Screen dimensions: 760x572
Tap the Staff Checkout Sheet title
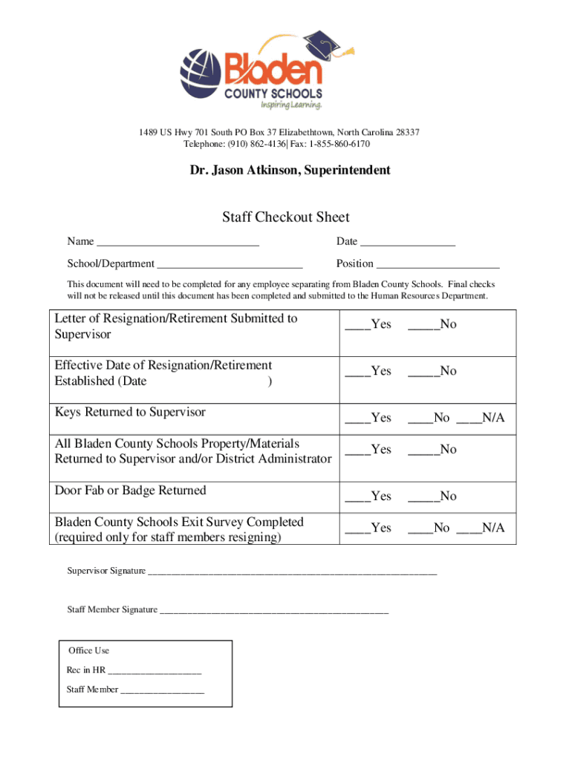point(285,217)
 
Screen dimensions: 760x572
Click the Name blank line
point(178,242)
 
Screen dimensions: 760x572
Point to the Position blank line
point(438,264)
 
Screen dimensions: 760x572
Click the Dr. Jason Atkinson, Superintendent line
point(290,171)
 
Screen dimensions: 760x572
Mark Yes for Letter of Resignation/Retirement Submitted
point(357,325)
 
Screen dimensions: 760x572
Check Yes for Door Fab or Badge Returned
point(357,497)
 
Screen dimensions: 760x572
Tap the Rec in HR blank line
point(155,671)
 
